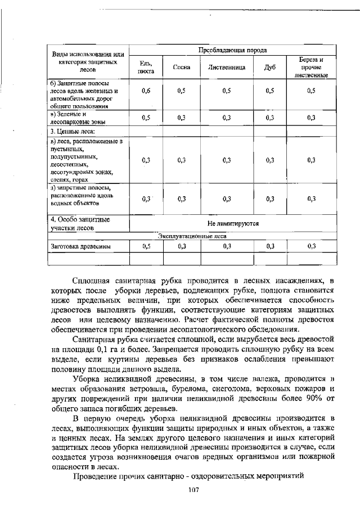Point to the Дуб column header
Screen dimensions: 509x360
point(269,67)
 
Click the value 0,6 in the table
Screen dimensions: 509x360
point(146,91)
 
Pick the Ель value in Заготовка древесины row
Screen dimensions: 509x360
point(146,246)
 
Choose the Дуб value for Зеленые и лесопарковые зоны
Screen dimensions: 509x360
point(269,118)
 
